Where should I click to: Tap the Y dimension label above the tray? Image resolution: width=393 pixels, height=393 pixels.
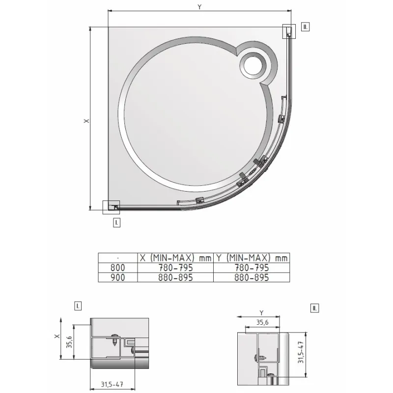coord(199,7)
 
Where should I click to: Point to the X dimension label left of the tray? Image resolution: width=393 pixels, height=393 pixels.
coord(86,121)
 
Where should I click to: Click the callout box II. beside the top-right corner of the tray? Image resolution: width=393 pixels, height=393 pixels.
coord(305,27)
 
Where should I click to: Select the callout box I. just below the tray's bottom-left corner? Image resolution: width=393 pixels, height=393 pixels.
coord(116,223)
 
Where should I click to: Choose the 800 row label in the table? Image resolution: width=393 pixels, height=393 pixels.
coord(117,268)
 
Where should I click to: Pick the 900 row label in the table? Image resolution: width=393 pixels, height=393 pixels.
coord(117,278)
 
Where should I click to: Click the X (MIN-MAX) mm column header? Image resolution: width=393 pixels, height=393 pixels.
coord(175,258)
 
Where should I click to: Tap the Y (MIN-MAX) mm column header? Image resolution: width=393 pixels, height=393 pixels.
coord(252,258)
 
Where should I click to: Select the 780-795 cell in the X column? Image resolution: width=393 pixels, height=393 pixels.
coord(175,268)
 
